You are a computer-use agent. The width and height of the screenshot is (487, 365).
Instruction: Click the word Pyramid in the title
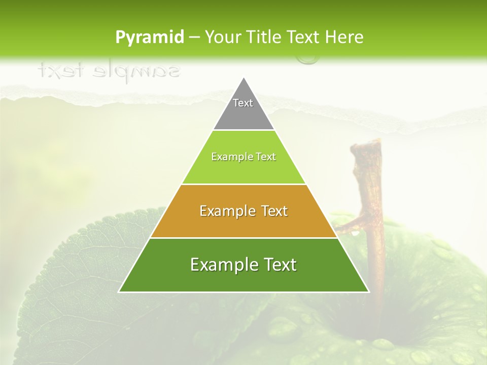(x=149, y=38)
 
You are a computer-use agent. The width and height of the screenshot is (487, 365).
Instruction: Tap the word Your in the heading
(x=224, y=37)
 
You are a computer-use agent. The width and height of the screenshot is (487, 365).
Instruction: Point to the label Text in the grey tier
(x=243, y=103)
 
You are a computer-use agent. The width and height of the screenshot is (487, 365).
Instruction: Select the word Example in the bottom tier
(x=221, y=265)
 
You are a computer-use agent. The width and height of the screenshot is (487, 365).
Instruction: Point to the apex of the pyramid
(x=243, y=79)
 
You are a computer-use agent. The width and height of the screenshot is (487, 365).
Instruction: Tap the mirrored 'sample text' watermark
(x=109, y=71)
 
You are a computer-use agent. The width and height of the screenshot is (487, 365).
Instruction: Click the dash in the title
(x=194, y=38)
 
